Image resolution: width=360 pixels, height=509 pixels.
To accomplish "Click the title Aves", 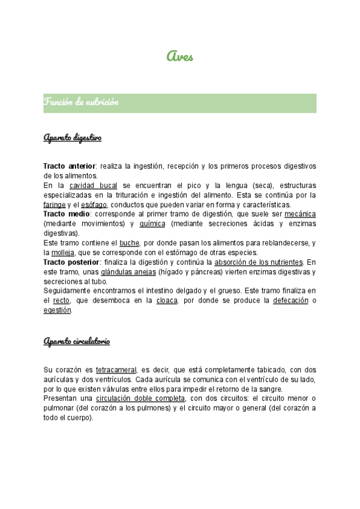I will pos(180,56).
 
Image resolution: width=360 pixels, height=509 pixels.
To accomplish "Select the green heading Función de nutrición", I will pos(81,103).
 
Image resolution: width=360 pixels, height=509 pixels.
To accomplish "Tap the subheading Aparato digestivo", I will pos(73,139).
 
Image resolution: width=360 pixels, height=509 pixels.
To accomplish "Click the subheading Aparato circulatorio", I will pos(77,342).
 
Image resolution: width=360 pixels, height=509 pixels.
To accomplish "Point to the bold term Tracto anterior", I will pos(69,166).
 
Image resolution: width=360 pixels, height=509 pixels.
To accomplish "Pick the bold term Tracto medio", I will pos(65,214).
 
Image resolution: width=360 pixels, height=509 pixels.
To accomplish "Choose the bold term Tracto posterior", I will pos(71,262).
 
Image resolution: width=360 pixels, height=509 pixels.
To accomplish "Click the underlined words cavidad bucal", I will pos(97,185).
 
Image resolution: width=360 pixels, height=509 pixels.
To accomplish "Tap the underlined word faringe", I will pos(55,205).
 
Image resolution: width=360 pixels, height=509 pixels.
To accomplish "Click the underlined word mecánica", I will pos(300,214).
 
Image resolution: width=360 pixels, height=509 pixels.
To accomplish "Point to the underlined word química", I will pos(152,224).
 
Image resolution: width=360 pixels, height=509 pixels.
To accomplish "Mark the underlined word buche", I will pos(130,243).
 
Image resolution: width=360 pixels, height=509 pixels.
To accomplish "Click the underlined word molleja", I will pos(63,253).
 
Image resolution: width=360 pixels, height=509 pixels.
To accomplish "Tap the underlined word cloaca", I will pos(167,301).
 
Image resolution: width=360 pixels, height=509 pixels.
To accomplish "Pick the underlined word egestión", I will pos(58,310).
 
